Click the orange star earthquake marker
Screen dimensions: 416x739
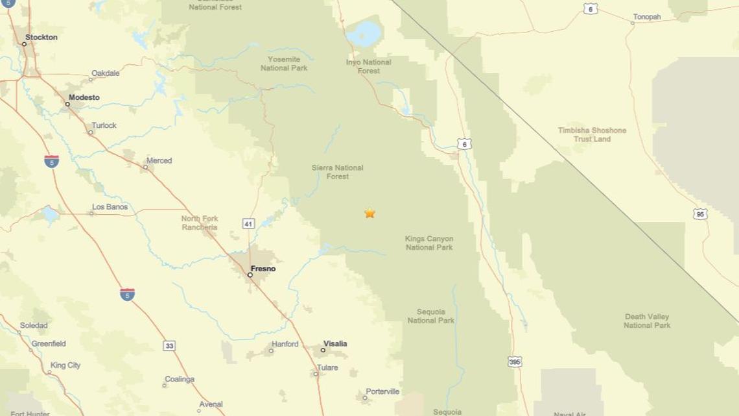pos(369,213)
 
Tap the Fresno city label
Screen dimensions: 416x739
pos(263,269)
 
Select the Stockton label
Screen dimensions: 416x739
pos(41,38)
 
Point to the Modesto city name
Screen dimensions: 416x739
pos(84,97)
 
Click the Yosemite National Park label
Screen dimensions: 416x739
pos(284,64)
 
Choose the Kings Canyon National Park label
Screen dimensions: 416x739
pos(429,243)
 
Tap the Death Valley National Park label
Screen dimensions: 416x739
pos(647,321)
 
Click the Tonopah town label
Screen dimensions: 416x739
pos(647,18)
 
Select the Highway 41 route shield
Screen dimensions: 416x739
pos(248,224)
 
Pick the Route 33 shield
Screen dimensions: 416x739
pos(169,346)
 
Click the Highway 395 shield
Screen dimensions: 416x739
pos(515,361)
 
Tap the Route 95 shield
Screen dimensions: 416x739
pos(699,214)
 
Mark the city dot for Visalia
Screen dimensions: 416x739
pos(323,350)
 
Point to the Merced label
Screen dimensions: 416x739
pos(159,160)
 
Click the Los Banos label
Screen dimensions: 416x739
pos(110,207)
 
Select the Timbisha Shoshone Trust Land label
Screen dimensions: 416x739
pos(592,134)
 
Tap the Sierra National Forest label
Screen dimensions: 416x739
pos(337,172)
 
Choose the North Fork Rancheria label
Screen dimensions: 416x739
pos(200,223)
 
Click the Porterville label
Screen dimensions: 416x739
pos(382,391)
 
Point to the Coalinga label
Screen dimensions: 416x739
pos(180,379)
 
